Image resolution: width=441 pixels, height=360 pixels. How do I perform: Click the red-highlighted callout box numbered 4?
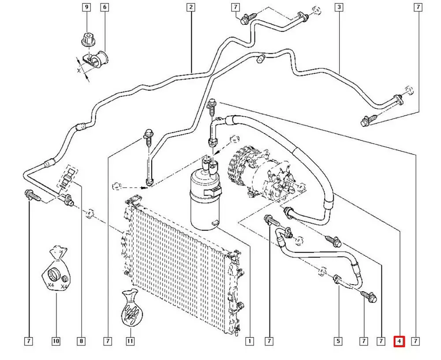399,341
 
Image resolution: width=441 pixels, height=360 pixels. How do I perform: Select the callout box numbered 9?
86,7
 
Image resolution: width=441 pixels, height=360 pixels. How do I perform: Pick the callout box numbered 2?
191,7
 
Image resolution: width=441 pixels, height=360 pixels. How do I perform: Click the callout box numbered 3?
339,7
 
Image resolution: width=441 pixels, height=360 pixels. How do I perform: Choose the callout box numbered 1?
249,341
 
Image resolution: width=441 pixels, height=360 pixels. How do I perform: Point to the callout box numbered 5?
338,341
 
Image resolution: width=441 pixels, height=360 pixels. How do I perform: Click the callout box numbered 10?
56,341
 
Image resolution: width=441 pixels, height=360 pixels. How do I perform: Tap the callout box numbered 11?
130,341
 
